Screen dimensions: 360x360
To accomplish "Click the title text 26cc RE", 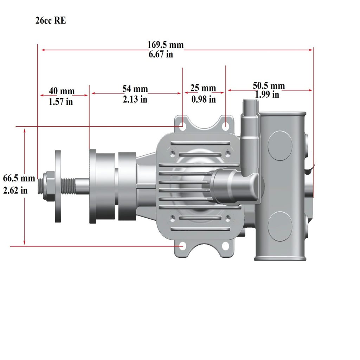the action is (51, 20).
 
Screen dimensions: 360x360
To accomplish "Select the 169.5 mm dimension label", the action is (165, 45).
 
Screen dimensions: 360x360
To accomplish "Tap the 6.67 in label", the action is (161, 54).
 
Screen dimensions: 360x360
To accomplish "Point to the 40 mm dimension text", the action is (62, 91).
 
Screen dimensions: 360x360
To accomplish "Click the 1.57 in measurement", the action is (60, 102).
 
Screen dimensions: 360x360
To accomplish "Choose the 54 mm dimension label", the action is (135, 89).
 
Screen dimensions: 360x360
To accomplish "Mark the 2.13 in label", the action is (135, 99).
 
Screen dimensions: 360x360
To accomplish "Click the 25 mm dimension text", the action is (203, 88).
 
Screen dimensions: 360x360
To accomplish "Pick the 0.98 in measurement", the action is (204, 99).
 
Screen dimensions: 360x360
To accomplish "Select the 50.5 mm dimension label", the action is (269, 86).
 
